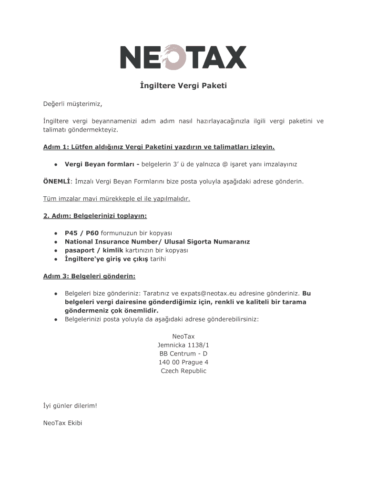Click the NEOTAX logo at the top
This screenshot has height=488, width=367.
click(x=183, y=57)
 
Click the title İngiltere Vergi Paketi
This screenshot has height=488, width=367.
click(x=183, y=86)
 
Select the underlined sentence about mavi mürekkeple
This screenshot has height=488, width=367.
click(x=117, y=198)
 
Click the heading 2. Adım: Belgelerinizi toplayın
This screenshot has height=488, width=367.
click(x=95, y=216)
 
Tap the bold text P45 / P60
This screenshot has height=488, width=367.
click(x=82, y=233)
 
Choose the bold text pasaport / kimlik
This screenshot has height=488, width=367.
click(x=94, y=250)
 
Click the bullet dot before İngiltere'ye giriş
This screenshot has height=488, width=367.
click(x=56, y=259)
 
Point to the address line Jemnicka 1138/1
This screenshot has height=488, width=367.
click(x=183, y=345)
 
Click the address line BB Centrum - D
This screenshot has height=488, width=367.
click(x=183, y=354)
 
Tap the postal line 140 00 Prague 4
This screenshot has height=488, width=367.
click(x=183, y=362)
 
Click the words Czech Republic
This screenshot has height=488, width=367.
click(x=183, y=371)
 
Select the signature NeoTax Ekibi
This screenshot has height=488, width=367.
click(x=62, y=423)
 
